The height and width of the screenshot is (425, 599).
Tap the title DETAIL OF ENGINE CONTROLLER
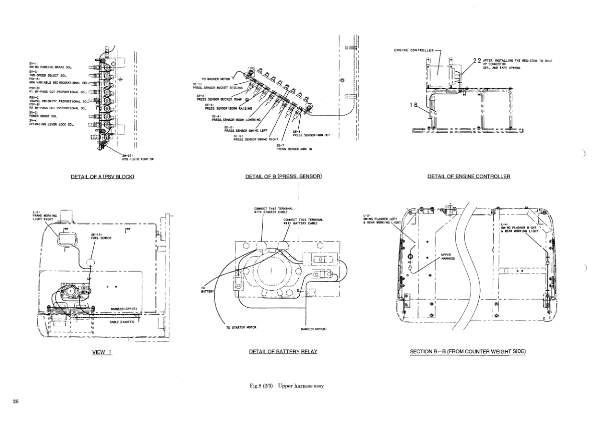pyautogui.click(x=469, y=176)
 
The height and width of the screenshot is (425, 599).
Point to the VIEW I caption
pyautogui.click(x=102, y=352)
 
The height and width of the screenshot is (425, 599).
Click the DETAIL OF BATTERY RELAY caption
pyautogui.click(x=283, y=352)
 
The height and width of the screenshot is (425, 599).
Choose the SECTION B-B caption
pyautogui.click(x=468, y=352)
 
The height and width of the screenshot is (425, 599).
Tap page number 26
pyautogui.click(x=16, y=401)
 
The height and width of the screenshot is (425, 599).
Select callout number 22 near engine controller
pyautogui.click(x=477, y=61)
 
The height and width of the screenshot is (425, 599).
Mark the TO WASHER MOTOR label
pyautogui.click(x=216, y=79)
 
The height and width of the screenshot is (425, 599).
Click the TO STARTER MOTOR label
pyautogui.click(x=241, y=328)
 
